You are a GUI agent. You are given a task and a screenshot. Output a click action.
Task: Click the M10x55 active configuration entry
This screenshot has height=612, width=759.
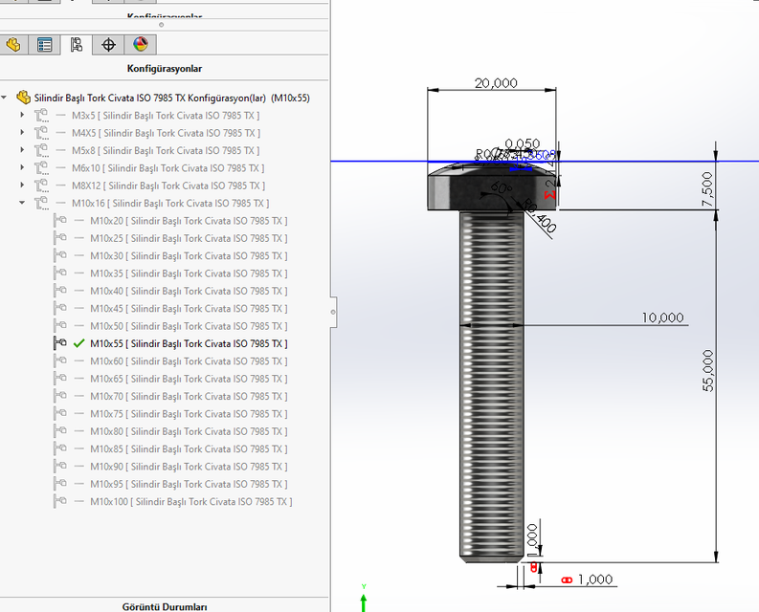[x=188, y=343]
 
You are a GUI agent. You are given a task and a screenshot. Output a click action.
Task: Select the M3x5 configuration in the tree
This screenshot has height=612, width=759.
[x=165, y=116]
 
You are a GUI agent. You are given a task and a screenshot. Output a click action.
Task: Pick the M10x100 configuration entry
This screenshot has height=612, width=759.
[x=190, y=501]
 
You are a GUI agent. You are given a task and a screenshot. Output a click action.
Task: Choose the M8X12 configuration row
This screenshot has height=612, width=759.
[x=167, y=186]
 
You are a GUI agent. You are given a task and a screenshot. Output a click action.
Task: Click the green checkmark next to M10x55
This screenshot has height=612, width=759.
[x=79, y=343]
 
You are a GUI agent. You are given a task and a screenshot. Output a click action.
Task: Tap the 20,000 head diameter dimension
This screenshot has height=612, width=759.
[x=496, y=83]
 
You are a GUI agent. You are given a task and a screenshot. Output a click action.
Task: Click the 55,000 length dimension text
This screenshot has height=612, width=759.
[x=707, y=370]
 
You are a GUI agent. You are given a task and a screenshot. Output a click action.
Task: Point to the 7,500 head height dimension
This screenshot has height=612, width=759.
[x=707, y=188]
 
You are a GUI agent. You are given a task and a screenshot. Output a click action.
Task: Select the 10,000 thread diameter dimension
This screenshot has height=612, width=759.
[x=663, y=317]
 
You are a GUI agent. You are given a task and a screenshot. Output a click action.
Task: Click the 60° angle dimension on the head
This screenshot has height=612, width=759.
[x=498, y=186]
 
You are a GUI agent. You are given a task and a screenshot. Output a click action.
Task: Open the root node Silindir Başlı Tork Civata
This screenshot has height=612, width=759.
[x=171, y=98]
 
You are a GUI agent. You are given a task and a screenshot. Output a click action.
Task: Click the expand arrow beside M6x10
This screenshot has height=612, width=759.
[x=23, y=168]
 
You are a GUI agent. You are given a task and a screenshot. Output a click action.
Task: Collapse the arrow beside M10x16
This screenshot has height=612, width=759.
[x=23, y=204]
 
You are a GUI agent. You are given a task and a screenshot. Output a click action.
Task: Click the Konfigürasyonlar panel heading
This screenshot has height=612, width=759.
[x=164, y=69]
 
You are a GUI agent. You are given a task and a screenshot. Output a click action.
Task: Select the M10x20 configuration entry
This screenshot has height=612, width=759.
[x=188, y=221]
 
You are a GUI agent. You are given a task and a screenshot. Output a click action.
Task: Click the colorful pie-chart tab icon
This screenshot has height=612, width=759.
[x=141, y=44]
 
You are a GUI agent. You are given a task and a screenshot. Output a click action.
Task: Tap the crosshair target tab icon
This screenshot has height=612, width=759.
[x=108, y=44]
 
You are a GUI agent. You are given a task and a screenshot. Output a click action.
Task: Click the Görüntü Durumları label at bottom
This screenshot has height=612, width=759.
[x=164, y=606]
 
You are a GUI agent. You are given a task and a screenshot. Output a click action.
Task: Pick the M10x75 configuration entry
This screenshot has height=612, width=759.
[x=188, y=414]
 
